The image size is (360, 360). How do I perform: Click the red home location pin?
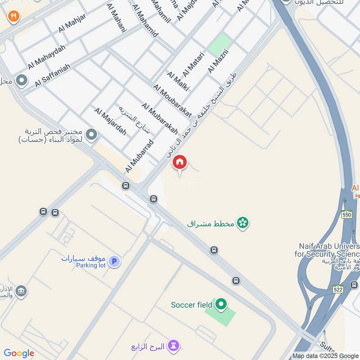pyautogui.click(x=180, y=162)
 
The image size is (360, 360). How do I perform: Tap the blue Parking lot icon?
pyautogui.click(x=114, y=261)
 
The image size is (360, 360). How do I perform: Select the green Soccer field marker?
pyautogui.click(x=220, y=305)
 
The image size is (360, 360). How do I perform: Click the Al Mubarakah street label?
pyautogui.click(x=160, y=121)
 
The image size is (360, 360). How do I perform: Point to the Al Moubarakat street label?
pyautogui.click(x=172, y=101)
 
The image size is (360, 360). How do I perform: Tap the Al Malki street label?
pyautogui.click(x=177, y=81)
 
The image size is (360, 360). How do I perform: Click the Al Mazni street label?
pyautogui.click(x=218, y=61)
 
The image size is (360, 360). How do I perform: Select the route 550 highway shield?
pyautogui.click(x=346, y=215)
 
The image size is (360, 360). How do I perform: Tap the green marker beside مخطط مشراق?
pyautogui.click(x=243, y=222)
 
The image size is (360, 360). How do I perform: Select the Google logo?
pyautogui.click(x=18, y=353)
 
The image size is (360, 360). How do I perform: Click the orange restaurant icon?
pyautogui.click(x=13, y=17)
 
